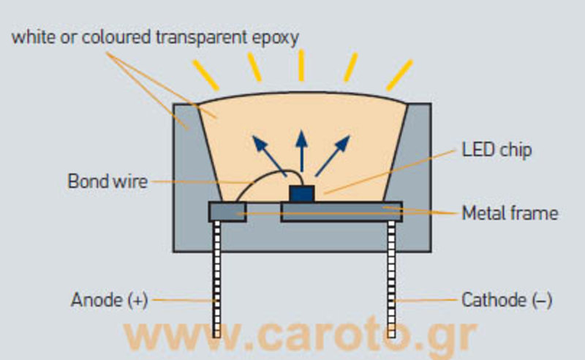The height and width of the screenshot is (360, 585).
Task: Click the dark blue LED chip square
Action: [x=301, y=193]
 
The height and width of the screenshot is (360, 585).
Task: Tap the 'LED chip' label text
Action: [x=497, y=151]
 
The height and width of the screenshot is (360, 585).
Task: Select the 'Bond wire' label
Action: [x=107, y=180]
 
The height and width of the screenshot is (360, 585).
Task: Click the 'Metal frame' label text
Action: [x=510, y=214]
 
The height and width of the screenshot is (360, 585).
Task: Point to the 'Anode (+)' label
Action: [x=110, y=300]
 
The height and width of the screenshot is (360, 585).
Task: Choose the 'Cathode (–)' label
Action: [x=507, y=300]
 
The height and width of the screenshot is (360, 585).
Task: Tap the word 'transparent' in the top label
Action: [x=197, y=37]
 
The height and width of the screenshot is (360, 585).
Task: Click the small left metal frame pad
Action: [x=227, y=211]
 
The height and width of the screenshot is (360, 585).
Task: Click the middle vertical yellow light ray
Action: [x=301, y=66]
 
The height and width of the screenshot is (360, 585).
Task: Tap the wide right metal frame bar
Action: [x=341, y=211]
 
